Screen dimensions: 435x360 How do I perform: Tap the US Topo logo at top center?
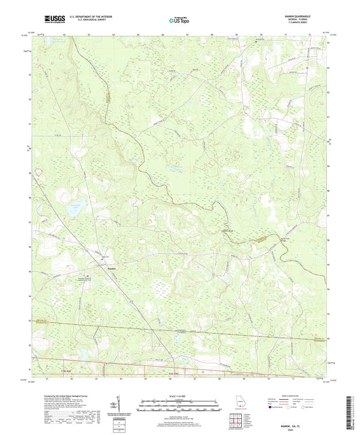174,20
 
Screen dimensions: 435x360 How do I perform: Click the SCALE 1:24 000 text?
180,395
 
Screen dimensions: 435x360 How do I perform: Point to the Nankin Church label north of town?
105,256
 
